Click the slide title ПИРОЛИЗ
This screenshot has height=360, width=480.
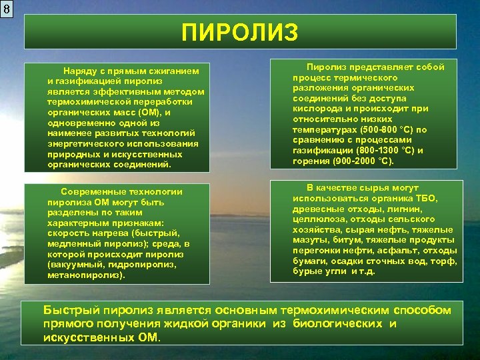240,32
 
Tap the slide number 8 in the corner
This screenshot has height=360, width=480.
7,9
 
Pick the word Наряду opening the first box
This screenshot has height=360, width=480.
79,70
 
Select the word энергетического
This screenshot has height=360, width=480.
85,143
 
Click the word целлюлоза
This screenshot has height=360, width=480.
318,219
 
